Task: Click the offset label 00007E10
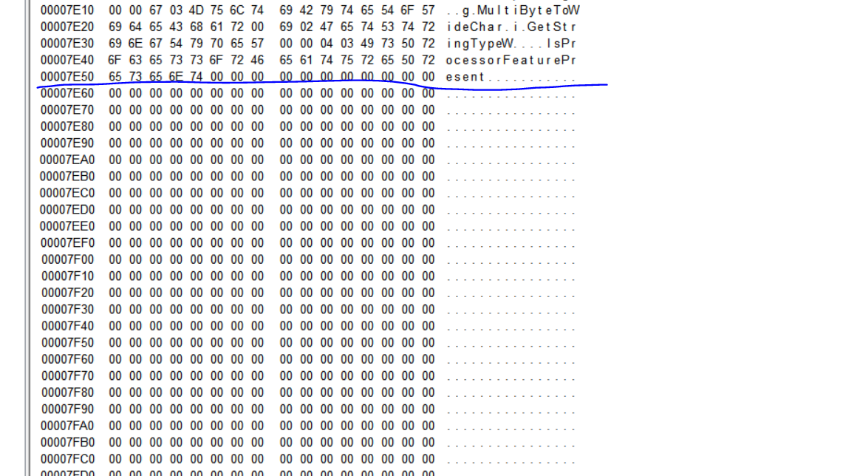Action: (x=67, y=10)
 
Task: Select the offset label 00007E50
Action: (x=67, y=77)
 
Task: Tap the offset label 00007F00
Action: (x=67, y=259)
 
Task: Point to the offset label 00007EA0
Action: (x=67, y=160)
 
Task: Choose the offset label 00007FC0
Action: (x=67, y=458)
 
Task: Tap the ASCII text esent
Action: (x=465, y=77)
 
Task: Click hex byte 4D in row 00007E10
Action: (x=197, y=10)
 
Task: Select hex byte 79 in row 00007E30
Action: (x=197, y=44)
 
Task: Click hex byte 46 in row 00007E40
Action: (x=257, y=60)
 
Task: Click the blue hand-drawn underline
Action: (x=517, y=87)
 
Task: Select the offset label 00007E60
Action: (x=67, y=93)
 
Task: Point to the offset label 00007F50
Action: (x=67, y=342)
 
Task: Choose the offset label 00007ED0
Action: (x=67, y=209)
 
